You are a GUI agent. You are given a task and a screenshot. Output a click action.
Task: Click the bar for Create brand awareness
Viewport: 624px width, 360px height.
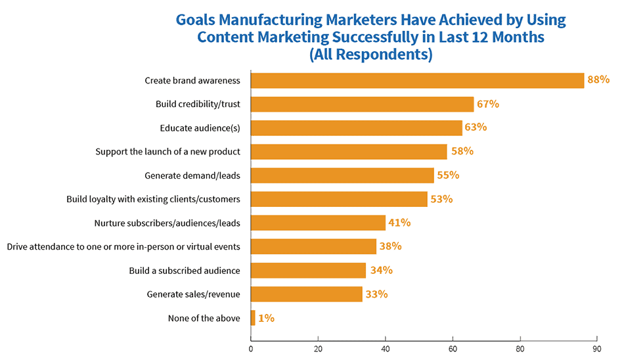tap(417, 80)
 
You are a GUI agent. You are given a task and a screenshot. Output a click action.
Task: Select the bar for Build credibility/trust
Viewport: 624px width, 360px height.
tap(362, 104)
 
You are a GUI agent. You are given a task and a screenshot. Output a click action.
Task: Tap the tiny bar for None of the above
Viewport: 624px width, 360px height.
tap(253, 318)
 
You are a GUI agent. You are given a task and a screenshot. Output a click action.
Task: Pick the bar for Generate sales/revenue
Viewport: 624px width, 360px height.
tap(307, 294)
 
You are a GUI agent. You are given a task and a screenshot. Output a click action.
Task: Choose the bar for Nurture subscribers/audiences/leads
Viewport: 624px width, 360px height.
tap(318, 223)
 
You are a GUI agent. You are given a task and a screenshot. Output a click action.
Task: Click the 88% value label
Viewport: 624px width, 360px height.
tap(598, 80)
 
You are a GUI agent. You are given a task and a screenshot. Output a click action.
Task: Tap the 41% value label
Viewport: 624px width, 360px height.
tap(399, 223)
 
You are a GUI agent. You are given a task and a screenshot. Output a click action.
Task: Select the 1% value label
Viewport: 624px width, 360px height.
tap(266, 318)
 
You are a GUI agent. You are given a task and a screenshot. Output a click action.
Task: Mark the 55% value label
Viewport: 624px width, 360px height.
tap(447, 175)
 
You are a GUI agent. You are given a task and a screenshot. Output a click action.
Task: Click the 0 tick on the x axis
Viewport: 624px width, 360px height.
tap(251, 349)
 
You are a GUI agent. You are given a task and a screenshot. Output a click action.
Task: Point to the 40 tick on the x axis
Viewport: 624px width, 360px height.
tap(386, 349)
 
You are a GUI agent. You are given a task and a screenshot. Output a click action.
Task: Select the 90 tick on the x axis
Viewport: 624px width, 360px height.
tap(596, 349)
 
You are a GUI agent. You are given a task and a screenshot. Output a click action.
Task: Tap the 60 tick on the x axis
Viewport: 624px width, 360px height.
tap(453, 349)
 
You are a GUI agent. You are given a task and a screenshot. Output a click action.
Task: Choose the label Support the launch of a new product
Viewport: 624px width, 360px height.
tap(167, 152)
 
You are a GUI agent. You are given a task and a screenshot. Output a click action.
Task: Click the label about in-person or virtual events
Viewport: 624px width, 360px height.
tap(123, 247)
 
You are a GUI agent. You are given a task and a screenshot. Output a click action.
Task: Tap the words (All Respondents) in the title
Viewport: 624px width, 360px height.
tap(370, 55)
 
